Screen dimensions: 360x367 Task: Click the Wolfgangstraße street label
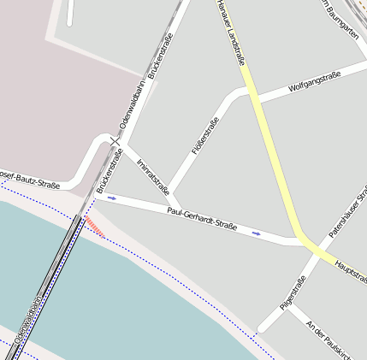(x=315, y=81)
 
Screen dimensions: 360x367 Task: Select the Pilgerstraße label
(x=293, y=293)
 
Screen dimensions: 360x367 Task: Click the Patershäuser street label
(x=348, y=214)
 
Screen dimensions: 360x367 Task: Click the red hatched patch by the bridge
(x=95, y=227)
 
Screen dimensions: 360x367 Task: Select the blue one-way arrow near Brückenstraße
(x=111, y=198)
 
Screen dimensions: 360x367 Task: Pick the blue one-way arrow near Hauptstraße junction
(x=257, y=233)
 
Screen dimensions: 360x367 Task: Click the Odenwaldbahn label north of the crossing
(x=133, y=106)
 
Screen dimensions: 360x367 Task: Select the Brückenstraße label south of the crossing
(x=104, y=170)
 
